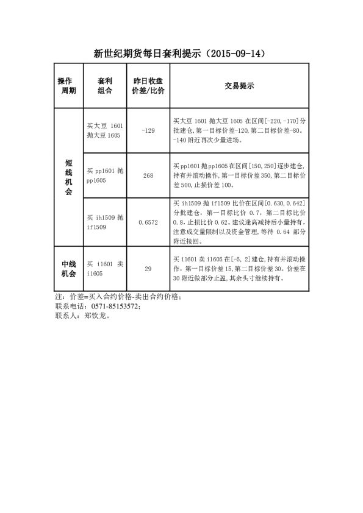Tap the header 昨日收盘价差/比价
click(148, 86)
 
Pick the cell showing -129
click(148, 130)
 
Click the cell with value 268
click(148, 175)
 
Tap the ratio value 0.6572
click(148, 223)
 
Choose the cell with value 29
click(148, 269)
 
